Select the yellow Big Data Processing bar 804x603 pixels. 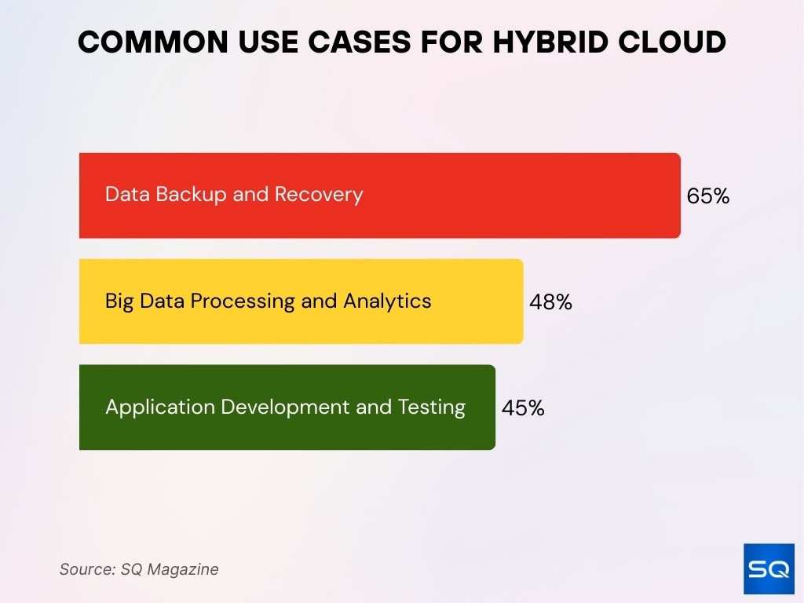(471, 301)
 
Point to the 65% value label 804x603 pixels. (707, 196)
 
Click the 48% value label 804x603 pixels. (550, 302)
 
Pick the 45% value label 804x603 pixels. (523, 408)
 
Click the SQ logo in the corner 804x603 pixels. (768, 569)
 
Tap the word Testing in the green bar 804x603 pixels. (432, 407)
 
